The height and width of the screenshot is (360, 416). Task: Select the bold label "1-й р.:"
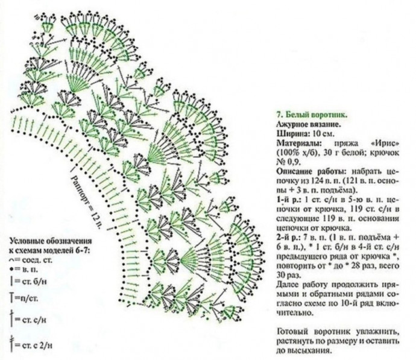[x=287, y=198]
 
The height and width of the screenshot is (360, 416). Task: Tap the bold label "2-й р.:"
[x=287, y=236]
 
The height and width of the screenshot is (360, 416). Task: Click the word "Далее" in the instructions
[x=288, y=283]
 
